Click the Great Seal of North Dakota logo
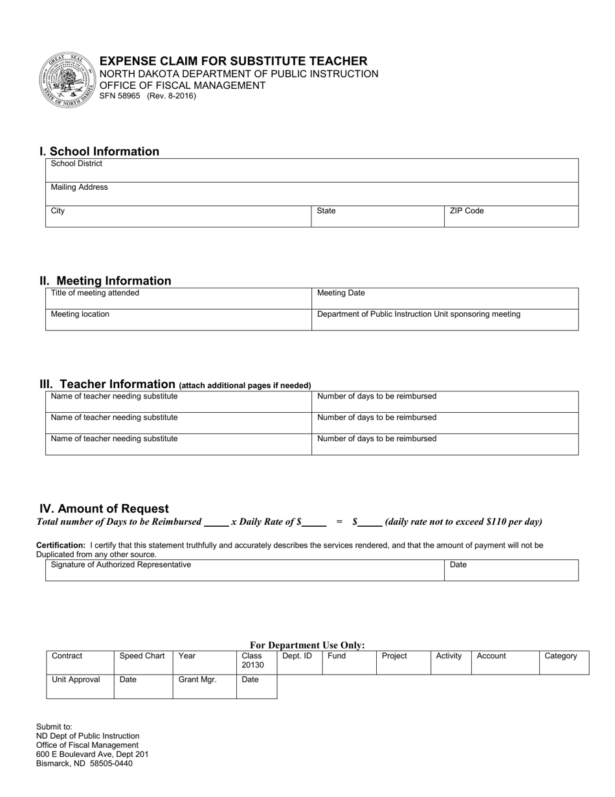click(x=68, y=80)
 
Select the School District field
click(x=311, y=170)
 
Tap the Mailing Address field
click(x=311, y=194)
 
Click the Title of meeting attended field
click(x=178, y=299)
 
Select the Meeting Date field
click(x=445, y=299)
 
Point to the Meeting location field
click(x=178, y=320)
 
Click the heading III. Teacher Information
click(x=107, y=384)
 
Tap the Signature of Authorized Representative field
click(x=245, y=570)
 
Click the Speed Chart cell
click(x=143, y=663)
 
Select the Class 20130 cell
click(x=256, y=663)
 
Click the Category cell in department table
click(x=563, y=663)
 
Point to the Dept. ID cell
click(x=299, y=663)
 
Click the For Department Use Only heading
click(x=307, y=645)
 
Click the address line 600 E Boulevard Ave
click(x=92, y=754)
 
